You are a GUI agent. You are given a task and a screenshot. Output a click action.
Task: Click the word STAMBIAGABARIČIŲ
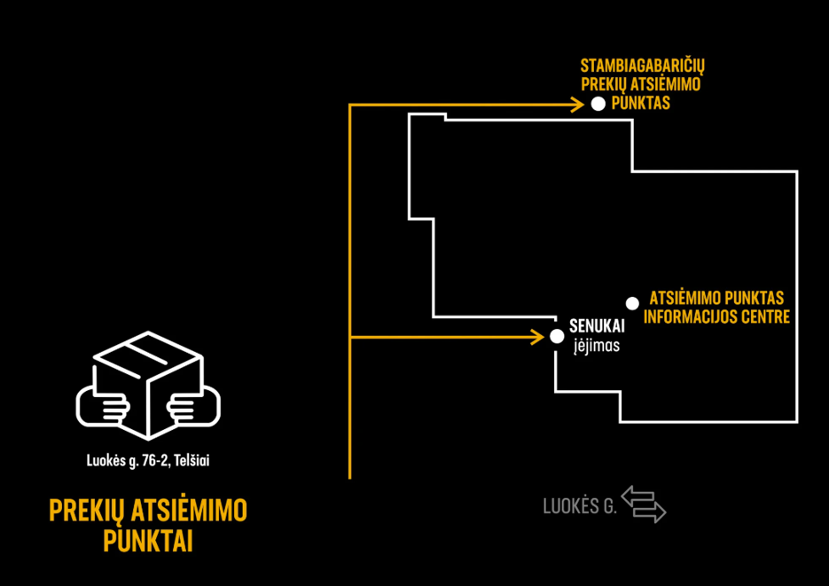(x=643, y=67)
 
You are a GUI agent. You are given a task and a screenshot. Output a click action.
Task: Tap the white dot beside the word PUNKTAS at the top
(x=598, y=104)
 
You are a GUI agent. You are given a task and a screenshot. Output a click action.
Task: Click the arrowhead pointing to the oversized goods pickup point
(x=577, y=105)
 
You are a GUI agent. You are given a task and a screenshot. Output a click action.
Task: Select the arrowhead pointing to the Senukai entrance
(x=537, y=337)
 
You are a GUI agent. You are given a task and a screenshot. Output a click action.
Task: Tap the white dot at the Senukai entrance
(x=557, y=336)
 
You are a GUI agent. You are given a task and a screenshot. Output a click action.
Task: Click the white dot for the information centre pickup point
(x=632, y=303)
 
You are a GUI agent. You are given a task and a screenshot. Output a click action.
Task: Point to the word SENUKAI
(x=597, y=326)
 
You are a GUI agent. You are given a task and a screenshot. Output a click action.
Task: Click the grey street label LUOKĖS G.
(x=580, y=506)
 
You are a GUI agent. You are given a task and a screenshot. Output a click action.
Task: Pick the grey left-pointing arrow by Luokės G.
(x=638, y=496)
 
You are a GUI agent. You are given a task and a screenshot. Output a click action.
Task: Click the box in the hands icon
(x=148, y=385)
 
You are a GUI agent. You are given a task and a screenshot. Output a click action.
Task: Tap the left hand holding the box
(x=103, y=406)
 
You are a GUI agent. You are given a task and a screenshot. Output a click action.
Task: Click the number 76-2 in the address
(x=154, y=461)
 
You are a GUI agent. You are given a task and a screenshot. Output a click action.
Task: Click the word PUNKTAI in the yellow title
(x=148, y=541)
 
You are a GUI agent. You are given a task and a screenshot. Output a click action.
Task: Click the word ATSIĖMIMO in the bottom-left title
(x=189, y=510)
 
